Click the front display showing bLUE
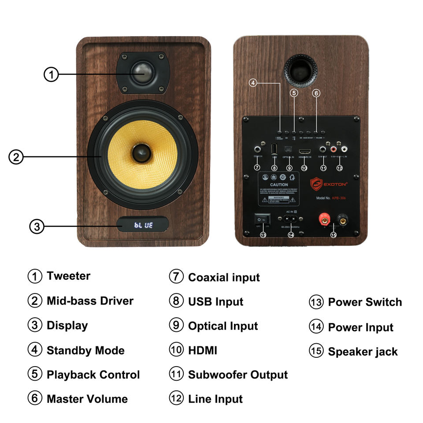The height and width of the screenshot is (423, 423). click(x=143, y=225)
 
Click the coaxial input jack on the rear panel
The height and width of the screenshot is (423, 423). click(x=256, y=149)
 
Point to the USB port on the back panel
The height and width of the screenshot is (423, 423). click(x=274, y=148)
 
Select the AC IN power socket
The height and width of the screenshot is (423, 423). click(x=290, y=219)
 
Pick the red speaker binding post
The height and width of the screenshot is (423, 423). click(x=325, y=218)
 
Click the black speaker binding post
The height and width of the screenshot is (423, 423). click(x=342, y=218)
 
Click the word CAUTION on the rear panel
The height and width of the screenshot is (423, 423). click(x=279, y=185)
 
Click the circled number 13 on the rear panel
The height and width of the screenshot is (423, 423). click(x=263, y=235)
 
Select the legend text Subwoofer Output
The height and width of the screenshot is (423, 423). click(x=237, y=375)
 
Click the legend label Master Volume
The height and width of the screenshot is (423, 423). click(x=87, y=399)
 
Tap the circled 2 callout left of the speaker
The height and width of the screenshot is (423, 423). click(x=16, y=157)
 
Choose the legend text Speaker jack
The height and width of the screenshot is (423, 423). click(x=363, y=352)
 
